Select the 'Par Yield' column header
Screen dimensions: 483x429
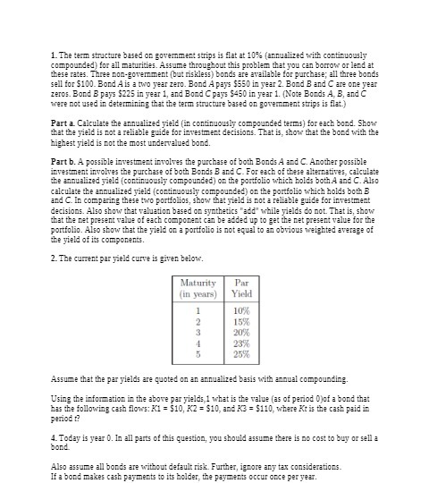pyautogui.click(x=241, y=288)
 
